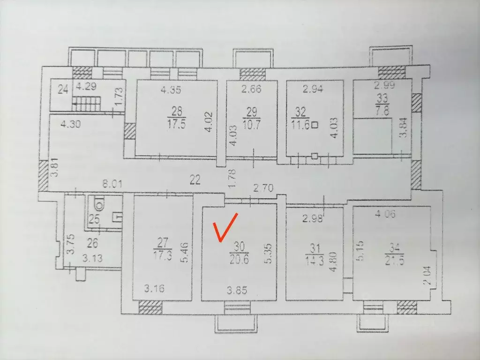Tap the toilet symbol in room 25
tap(98, 203)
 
